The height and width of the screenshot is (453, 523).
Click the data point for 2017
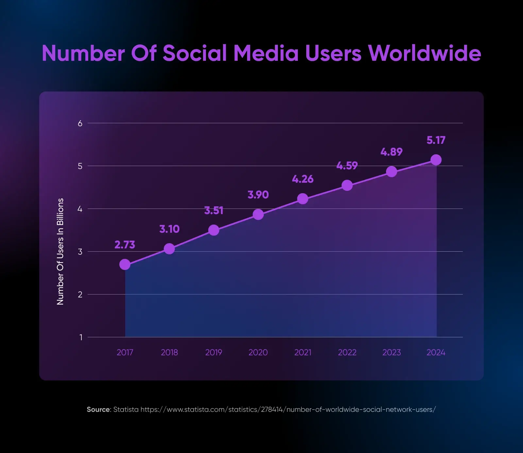[125, 264]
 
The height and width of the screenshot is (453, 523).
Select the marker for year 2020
[258, 214]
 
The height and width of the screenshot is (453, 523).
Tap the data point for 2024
[436, 160]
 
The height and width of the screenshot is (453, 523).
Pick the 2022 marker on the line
[347, 185]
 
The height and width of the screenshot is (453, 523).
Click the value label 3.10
[169, 229]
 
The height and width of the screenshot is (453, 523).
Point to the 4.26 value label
[303, 179]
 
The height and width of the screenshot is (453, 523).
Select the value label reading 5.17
[436, 140]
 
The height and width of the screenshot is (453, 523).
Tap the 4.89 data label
[392, 152]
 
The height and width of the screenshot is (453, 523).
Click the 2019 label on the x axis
[213, 352]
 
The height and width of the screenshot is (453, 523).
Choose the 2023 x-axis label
[392, 352]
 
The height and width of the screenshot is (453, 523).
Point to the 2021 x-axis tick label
[303, 352]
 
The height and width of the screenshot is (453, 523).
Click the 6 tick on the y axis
[80, 124]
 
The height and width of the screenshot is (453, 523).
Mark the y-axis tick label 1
[81, 337]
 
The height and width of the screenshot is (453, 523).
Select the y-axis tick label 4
[80, 209]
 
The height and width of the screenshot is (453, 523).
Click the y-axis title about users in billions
[60, 252]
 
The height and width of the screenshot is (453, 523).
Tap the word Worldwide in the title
[424, 53]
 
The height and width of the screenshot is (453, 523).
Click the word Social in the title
[195, 53]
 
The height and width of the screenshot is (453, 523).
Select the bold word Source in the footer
[98, 410]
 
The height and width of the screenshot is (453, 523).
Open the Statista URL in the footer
[288, 410]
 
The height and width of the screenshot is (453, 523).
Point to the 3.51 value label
[214, 210]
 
